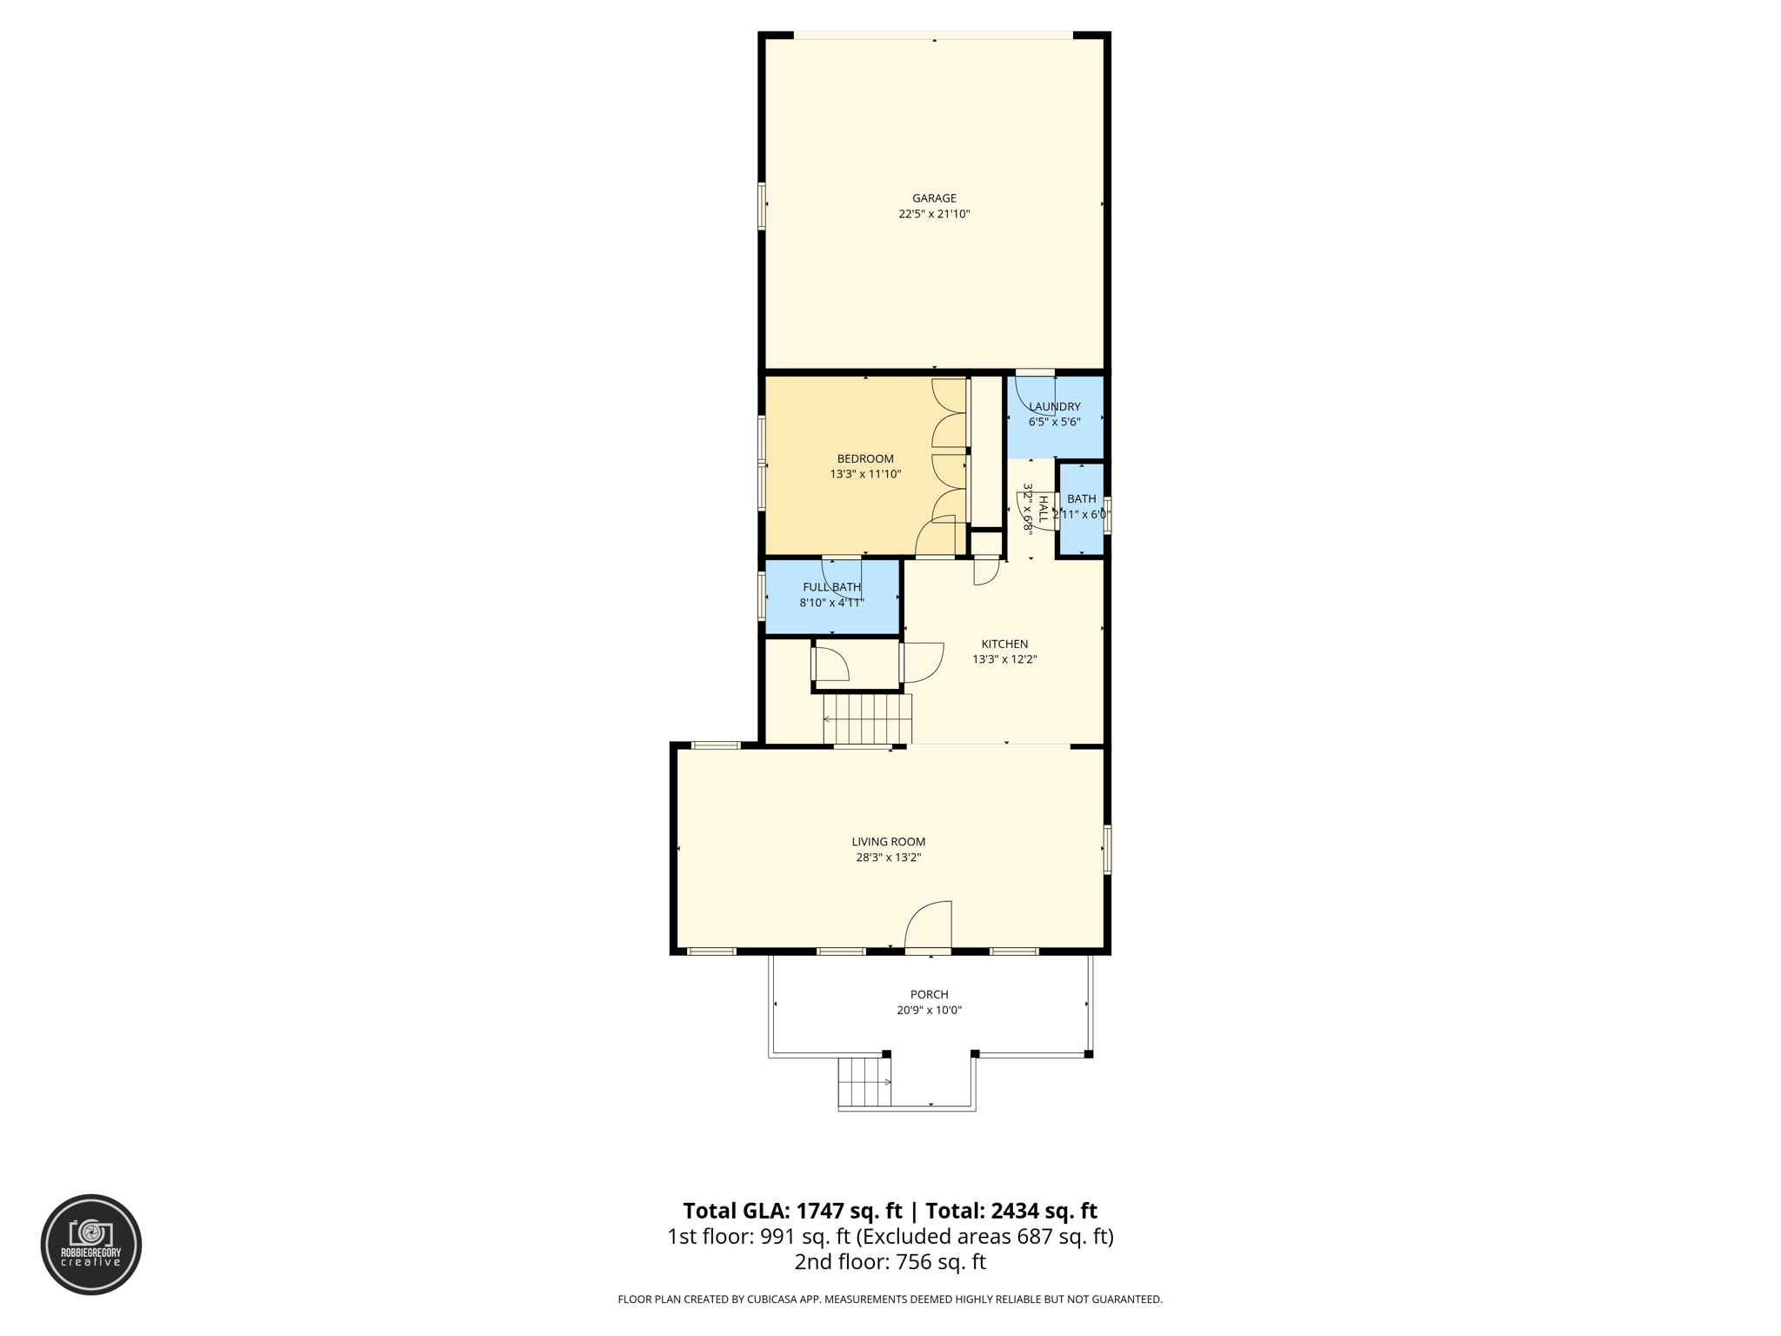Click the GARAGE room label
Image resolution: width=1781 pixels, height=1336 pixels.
pyautogui.click(x=934, y=198)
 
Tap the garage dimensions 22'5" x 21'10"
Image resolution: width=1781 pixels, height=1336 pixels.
pyautogui.click(x=934, y=214)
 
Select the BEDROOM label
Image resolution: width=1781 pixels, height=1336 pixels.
pyautogui.click(x=865, y=458)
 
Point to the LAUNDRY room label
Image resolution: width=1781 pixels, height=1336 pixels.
pyautogui.click(x=1054, y=406)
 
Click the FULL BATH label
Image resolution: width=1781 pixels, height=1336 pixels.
pyautogui.click(x=831, y=587)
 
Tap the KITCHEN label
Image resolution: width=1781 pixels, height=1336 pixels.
pyautogui.click(x=1004, y=644)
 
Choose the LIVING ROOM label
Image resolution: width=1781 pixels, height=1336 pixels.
pyautogui.click(x=888, y=841)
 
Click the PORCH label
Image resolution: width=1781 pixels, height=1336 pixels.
pyautogui.click(x=929, y=994)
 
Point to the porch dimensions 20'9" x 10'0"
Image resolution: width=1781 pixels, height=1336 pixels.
pyautogui.click(x=929, y=1010)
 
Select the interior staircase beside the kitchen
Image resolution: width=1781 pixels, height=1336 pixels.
pyautogui.click(x=867, y=718)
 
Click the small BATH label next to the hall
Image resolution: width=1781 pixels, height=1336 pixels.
pyautogui.click(x=1081, y=498)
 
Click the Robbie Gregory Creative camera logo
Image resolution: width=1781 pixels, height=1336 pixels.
pyautogui.click(x=91, y=1244)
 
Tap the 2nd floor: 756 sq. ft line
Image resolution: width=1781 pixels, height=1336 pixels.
pyautogui.click(x=890, y=1261)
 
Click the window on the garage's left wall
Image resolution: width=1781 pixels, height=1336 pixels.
pyautogui.click(x=762, y=206)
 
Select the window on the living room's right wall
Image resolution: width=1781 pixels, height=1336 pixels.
pyautogui.click(x=1107, y=849)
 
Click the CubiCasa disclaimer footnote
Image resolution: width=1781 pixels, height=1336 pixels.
pyautogui.click(x=890, y=1299)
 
